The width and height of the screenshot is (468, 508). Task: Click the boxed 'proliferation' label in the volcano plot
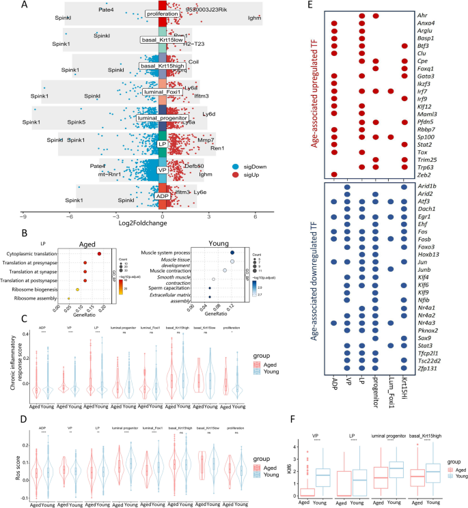tap(161, 13)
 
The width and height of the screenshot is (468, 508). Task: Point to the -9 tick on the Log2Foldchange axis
tap(23, 214)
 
